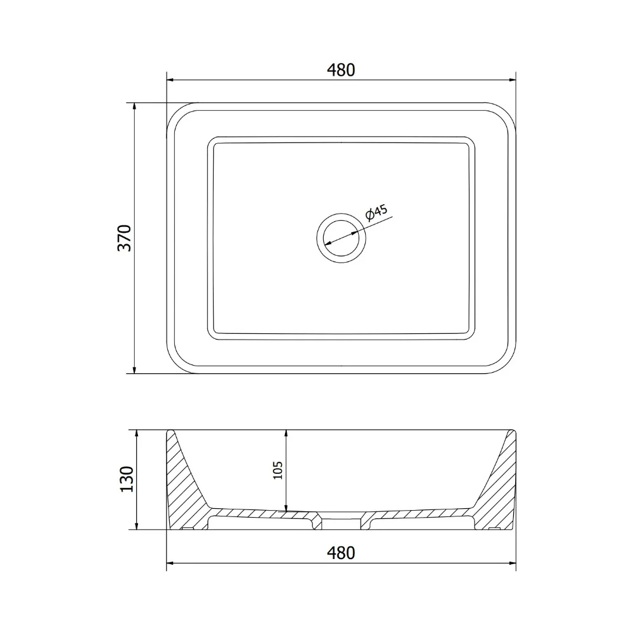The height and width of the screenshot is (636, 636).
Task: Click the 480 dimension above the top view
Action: point(341,70)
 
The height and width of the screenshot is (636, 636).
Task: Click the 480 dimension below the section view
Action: point(341,553)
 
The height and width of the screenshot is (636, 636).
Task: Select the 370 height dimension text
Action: point(125,238)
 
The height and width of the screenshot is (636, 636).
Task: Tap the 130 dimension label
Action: point(127,479)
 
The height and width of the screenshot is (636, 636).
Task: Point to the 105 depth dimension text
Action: point(278,470)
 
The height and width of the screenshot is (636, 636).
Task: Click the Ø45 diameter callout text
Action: point(377,212)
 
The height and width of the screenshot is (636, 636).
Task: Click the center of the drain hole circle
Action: point(341,238)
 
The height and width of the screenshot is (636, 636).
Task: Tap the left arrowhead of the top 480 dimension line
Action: point(170,80)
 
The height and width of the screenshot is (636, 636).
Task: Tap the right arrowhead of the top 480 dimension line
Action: point(512,80)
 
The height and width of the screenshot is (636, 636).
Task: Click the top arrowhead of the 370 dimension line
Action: point(134,106)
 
